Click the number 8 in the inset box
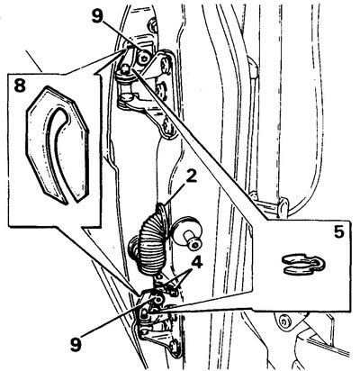click(19, 86)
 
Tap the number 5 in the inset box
click(338, 232)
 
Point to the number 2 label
click(191, 177)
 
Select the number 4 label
click(196, 263)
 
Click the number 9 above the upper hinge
click(98, 16)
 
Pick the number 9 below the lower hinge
click(76, 345)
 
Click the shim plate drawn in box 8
click(57, 145)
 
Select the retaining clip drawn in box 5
click(303, 265)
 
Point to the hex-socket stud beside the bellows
click(189, 235)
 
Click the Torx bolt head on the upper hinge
click(143, 59)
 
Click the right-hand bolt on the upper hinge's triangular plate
click(165, 65)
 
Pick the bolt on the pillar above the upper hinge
click(153, 25)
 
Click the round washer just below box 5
click(283, 322)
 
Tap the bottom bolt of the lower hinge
click(175, 347)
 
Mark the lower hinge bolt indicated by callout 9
click(157, 299)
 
